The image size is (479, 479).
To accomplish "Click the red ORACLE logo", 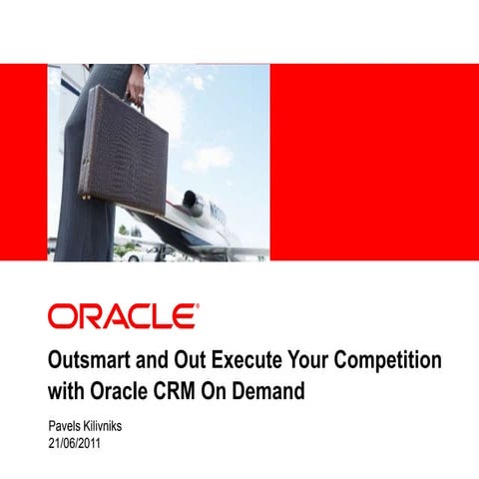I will [123, 317].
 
